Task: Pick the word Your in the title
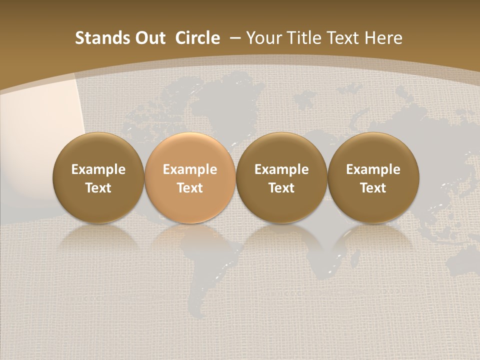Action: (x=263, y=38)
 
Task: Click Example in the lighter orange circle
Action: (x=190, y=169)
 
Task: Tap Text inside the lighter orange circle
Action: (x=190, y=188)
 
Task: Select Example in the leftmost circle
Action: (x=98, y=169)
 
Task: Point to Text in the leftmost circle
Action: (x=98, y=188)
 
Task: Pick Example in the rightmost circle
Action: (x=373, y=169)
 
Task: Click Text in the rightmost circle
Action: (x=373, y=188)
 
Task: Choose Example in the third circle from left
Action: (x=282, y=169)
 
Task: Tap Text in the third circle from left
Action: (x=282, y=188)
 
